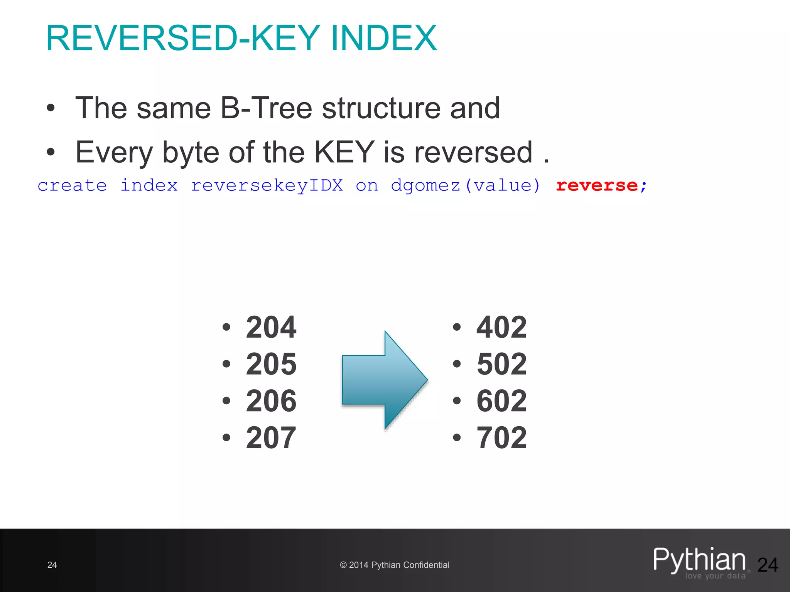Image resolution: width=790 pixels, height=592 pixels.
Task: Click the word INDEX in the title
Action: pos(383,38)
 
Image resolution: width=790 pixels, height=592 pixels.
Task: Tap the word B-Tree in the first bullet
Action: pos(266,108)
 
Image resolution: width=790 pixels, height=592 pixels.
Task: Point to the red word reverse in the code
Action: pos(597,186)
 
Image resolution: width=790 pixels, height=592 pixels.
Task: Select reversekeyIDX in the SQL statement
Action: pos(267,186)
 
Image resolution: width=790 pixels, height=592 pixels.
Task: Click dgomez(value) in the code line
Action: pos(466,186)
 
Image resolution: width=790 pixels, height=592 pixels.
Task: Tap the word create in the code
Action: pos(72,186)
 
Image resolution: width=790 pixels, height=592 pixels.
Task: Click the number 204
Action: pos(271,327)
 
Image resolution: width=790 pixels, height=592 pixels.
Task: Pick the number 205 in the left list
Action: pos(271,364)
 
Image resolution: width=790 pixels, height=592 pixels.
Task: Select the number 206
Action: pos(271,401)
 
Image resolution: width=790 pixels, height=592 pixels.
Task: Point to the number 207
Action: pos(271,438)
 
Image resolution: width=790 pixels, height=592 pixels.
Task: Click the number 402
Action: pos(501,327)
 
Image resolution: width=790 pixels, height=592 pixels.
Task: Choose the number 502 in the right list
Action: pos(501,364)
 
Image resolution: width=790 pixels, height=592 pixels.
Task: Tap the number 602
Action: pos(501,401)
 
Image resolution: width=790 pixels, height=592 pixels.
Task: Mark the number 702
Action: pos(501,438)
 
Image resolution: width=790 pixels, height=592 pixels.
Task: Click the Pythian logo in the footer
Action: pos(700,562)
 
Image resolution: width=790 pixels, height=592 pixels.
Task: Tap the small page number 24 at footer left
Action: pos(52,565)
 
